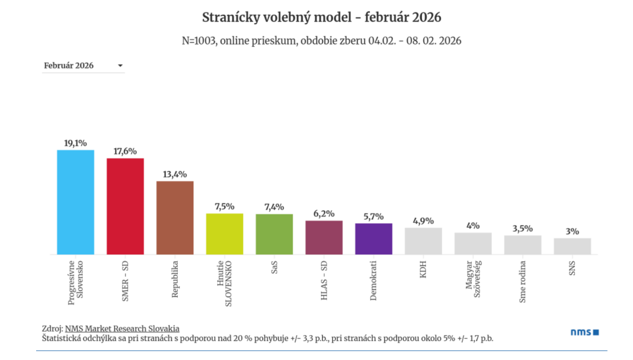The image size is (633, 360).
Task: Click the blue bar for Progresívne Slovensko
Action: [75, 202]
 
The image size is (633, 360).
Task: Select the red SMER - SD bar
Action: [125, 206]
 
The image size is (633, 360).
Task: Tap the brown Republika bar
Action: [175, 218]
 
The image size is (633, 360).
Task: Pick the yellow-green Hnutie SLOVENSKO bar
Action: [225, 234]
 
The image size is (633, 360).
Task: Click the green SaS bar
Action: [274, 234]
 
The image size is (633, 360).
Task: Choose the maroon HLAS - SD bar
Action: [324, 237]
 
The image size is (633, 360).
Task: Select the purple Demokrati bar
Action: [373, 239]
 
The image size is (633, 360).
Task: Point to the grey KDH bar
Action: [423, 241]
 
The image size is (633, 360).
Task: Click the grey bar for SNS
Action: [573, 246]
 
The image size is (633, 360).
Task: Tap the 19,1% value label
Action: [75, 143]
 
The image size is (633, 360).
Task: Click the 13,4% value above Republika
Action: [175, 174]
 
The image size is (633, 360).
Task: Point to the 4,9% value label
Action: [423, 221]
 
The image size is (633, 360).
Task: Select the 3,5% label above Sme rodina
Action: [523, 228]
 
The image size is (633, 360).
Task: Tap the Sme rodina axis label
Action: [523, 281]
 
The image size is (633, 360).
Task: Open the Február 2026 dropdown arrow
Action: [120, 66]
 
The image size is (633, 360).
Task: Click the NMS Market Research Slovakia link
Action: [122, 329]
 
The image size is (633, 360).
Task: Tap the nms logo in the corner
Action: [584, 333]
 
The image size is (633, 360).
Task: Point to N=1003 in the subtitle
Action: [199, 41]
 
